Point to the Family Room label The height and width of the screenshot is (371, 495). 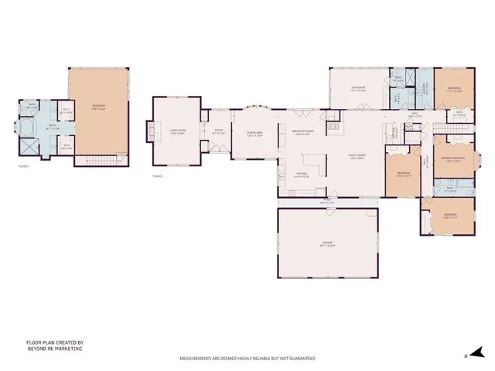coord(355,157)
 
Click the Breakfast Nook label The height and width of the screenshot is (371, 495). coord(303,131)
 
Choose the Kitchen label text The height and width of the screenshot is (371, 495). coord(302,175)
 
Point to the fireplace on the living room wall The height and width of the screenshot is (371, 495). coord(149,130)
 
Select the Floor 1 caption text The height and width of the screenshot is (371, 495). coord(23,165)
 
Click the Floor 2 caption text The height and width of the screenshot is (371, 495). coord(159,177)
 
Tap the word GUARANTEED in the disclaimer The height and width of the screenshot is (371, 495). coord(299,359)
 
